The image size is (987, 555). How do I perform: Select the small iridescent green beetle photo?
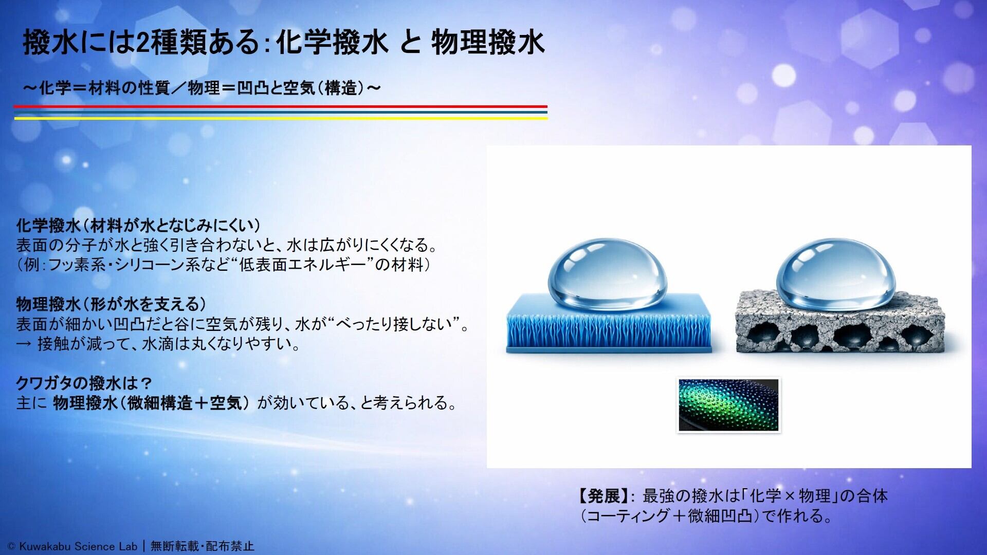[x=728, y=405]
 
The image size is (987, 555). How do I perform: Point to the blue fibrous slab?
[x=610, y=323]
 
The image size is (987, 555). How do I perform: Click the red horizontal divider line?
[x=281, y=106]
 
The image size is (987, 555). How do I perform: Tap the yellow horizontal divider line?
[x=281, y=118]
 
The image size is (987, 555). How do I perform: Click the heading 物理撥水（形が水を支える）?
[x=111, y=304]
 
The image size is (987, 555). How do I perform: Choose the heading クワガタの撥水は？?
[x=84, y=383]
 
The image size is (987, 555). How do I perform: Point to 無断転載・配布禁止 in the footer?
[x=202, y=546]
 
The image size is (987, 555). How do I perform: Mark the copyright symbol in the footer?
[x=11, y=547]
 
